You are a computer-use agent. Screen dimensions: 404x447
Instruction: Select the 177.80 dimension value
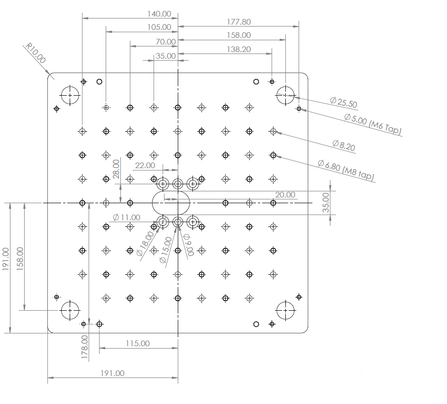click(x=238, y=22)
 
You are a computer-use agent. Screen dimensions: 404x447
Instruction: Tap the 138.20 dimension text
click(x=238, y=49)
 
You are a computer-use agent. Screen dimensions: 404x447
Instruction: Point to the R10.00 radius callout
click(x=36, y=54)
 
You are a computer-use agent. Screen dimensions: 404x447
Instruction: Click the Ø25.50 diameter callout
click(x=344, y=102)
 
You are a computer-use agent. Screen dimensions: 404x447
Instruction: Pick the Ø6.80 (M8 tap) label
click(x=346, y=171)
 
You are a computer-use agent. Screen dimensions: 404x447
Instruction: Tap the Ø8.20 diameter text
click(x=343, y=145)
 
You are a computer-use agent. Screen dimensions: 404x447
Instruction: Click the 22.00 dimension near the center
click(x=145, y=165)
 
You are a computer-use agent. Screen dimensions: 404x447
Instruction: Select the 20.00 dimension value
click(x=285, y=195)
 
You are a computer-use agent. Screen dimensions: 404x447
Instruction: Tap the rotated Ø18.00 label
click(x=145, y=243)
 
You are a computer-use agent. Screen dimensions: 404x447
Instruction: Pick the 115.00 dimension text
click(x=137, y=343)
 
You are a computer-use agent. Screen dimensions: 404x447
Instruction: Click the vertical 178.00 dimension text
click(x=85, y=347)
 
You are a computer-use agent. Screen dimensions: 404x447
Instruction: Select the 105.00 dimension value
click(x=159, y=27)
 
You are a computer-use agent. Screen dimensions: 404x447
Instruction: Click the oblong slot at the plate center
click(x=171, y=203)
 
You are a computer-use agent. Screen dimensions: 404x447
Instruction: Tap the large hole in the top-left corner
click(x=70, y=95)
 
